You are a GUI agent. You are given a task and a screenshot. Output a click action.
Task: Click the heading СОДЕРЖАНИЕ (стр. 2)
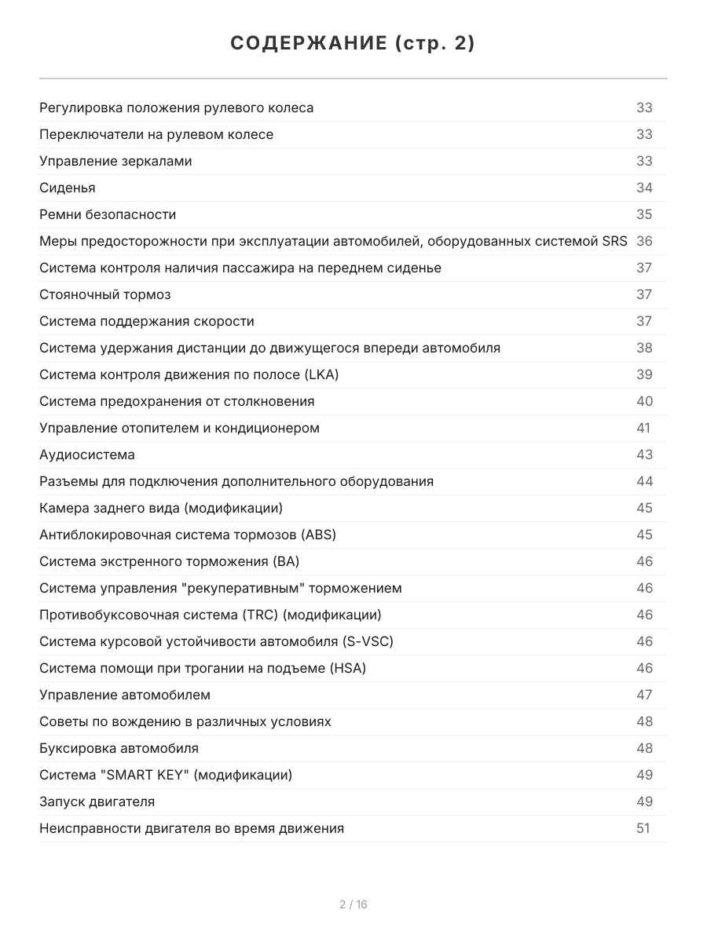[x=353, y=44]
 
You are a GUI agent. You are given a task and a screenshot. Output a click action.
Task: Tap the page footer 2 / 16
[x=353, y=904]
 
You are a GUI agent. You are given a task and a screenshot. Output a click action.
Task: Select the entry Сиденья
[x=68, y=188]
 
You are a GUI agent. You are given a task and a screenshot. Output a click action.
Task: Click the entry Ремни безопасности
[x=108, y=214]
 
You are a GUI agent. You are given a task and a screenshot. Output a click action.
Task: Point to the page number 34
[x=644, y=188]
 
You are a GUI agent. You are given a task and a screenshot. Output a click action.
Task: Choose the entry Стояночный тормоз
[x=105, y=294]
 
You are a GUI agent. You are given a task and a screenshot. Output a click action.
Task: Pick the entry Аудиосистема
[x=87, y=455]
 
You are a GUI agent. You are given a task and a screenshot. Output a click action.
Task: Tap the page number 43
[x=644, y=455]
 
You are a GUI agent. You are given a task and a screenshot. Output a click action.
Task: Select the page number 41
[x=643, y=428]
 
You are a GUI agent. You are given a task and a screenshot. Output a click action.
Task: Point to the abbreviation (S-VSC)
[x=368, y=641]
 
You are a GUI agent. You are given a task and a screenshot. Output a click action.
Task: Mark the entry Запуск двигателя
[x=97, y=801]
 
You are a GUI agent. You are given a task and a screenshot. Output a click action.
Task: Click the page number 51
[x=643, y=828]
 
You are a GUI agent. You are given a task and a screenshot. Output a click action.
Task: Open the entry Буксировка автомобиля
[x=119, y=748]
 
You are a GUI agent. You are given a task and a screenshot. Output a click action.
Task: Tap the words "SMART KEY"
[x=145, y=775]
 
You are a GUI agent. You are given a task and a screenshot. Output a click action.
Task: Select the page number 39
[x=644, y=374]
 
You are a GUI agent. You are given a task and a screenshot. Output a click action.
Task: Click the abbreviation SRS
[x=614, y=241]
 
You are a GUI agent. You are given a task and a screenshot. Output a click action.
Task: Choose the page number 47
[x=644, y=695]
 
